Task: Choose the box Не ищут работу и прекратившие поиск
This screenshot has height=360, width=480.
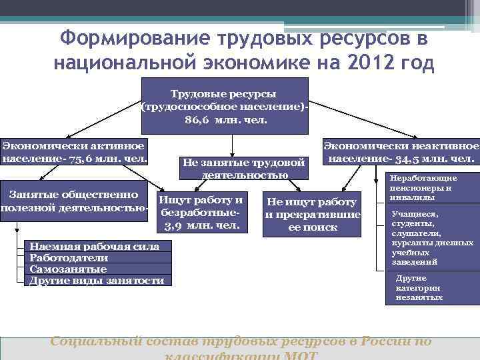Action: click(312, 214)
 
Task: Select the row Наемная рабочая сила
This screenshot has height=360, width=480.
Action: click(94, 247)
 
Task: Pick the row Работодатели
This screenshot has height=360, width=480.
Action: click(69, 258)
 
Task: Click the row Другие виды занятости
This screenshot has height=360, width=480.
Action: click(97, 281)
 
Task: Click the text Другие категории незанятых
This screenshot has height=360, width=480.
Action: click(419, 287)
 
